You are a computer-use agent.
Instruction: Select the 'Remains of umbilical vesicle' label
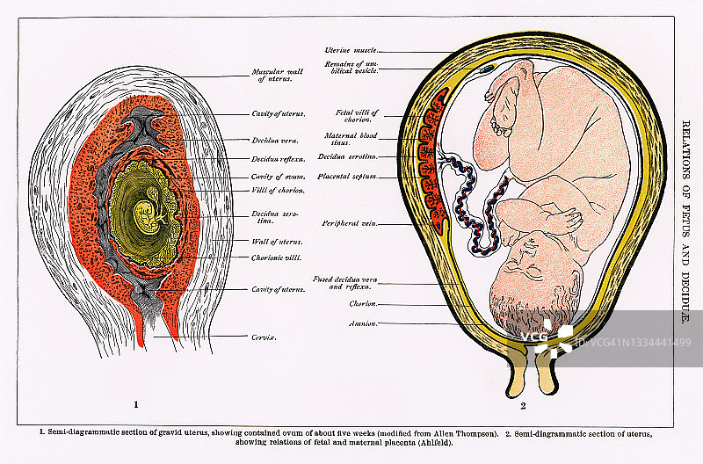click(351, 66)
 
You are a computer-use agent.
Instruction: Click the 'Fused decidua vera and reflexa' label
click(345, 283)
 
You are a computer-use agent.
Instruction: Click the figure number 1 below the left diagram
click(136, 405)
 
